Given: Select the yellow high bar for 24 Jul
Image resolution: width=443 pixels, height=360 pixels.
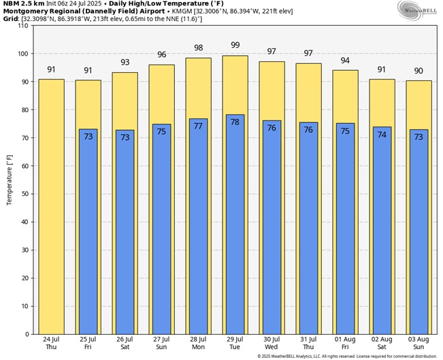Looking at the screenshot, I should tap(52, 204).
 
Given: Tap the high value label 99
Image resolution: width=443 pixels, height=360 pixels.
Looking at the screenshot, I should tap(235, 46).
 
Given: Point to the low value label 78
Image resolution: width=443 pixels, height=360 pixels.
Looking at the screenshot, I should tap(235, 122).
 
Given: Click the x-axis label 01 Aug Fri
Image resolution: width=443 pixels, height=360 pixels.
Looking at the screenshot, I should tap(345, 342).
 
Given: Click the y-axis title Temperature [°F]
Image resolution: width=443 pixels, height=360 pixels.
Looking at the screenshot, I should tap(10, 180).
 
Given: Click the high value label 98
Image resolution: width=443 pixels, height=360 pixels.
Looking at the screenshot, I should tap(198, 48).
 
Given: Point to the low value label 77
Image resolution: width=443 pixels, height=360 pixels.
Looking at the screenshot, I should tap(198, 126).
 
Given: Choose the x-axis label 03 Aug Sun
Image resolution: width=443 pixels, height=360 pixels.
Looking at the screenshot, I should tap(419, 342).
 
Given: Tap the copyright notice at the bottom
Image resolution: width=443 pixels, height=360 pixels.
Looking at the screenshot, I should tap(346, 356).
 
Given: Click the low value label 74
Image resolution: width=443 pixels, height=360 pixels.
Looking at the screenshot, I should tap(382, 134).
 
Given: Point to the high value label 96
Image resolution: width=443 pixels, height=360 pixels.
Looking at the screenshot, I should tap(162, 54).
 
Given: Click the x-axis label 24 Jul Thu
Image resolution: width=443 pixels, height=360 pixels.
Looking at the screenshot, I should tap(52, 342).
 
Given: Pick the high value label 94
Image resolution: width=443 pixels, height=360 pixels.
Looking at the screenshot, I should tap(345, 60).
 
